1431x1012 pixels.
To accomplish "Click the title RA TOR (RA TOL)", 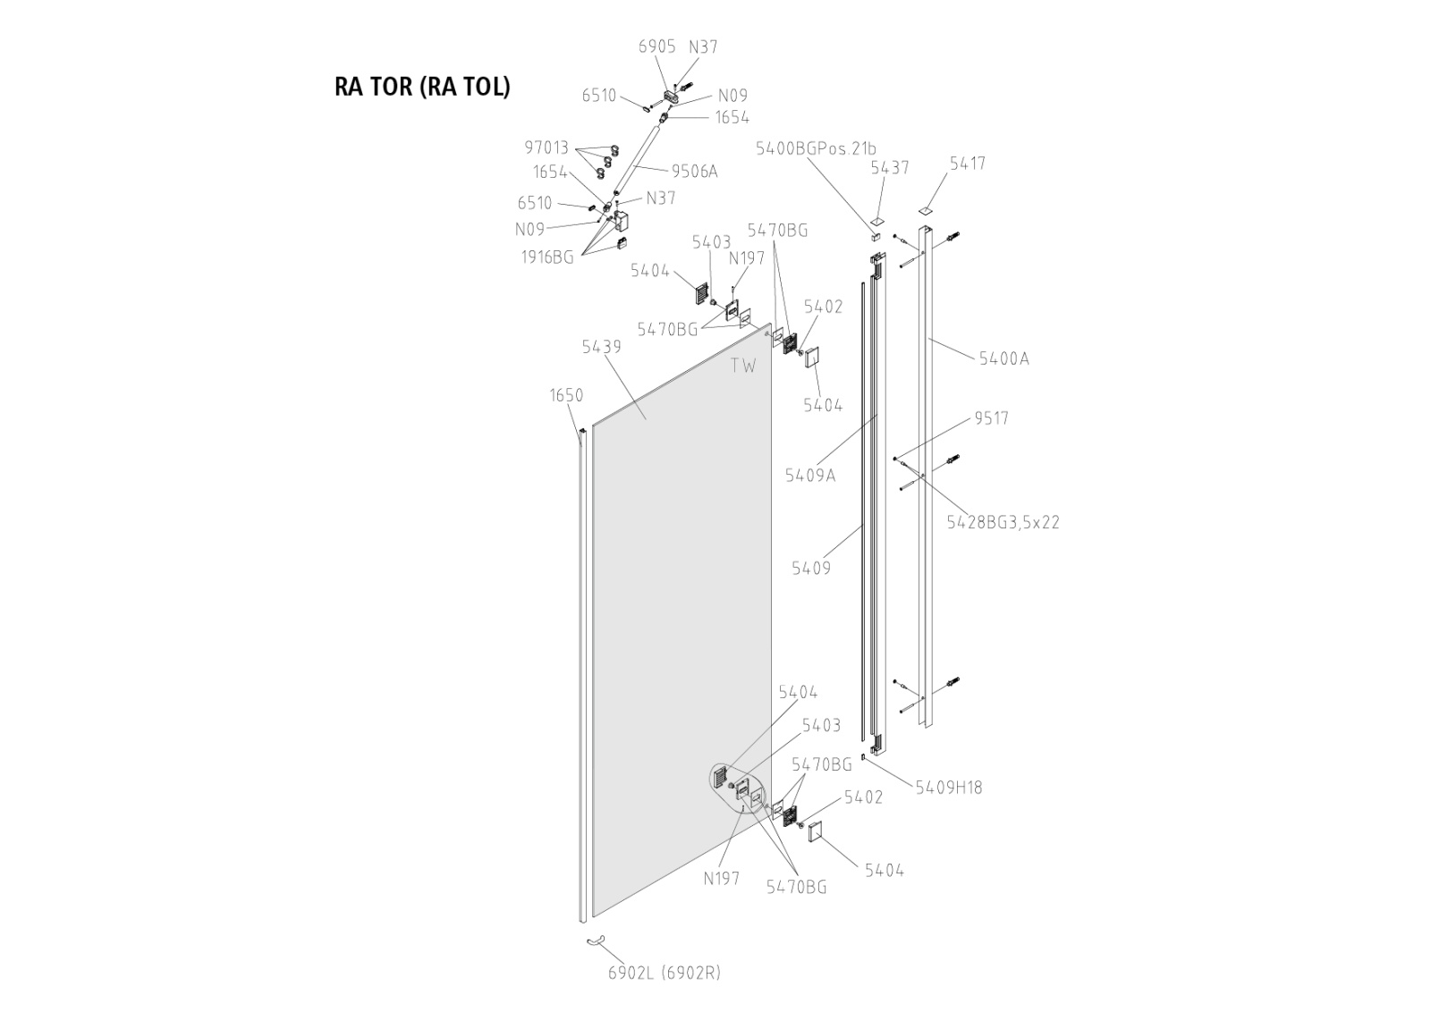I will (x=421, y=87).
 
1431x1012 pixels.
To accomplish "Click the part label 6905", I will (x=656, y=47).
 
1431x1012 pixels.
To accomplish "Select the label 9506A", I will (x=694, y=172).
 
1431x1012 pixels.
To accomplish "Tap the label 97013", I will (x=546, y=148).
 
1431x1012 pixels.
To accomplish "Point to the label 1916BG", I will (x=547, y=257).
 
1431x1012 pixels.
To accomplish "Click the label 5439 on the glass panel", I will (x=601, y=347).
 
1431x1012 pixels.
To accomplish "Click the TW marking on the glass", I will (x=743, y=366).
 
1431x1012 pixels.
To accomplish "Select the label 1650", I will (x=566, y=395).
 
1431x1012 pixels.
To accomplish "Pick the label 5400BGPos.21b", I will (x=816, y=148).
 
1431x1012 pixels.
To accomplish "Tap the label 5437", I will (x=889, y=168).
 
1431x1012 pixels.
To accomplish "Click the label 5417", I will (x=968, y=164).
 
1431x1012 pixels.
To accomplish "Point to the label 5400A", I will (x=1003, y=358).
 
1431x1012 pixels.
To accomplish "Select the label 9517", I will (x=991, y=418).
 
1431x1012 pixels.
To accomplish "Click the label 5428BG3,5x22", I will (x=1003, y=522).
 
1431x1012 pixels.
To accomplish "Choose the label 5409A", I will (x=810, y=476).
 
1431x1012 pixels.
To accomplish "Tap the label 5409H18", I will (x=948, y=788).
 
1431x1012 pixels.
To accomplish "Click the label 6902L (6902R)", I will (x=664, y=973).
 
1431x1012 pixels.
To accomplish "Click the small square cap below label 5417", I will (x=925, y=210).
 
